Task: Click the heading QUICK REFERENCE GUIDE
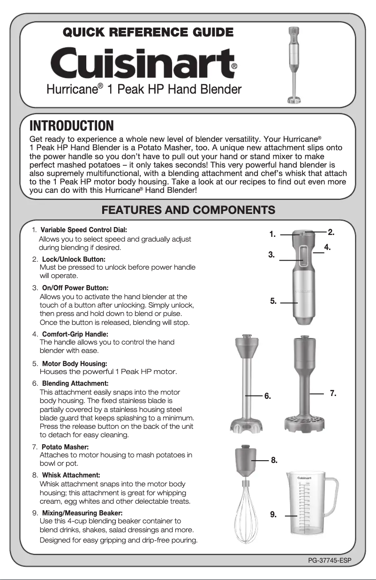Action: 148,32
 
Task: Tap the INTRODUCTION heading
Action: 71,126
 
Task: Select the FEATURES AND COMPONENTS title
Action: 188,209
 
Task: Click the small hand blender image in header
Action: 293,64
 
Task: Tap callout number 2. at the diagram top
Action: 331,232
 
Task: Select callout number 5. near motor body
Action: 274,301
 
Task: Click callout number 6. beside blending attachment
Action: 267,396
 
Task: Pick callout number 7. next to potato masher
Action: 333,394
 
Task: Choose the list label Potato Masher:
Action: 65,447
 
